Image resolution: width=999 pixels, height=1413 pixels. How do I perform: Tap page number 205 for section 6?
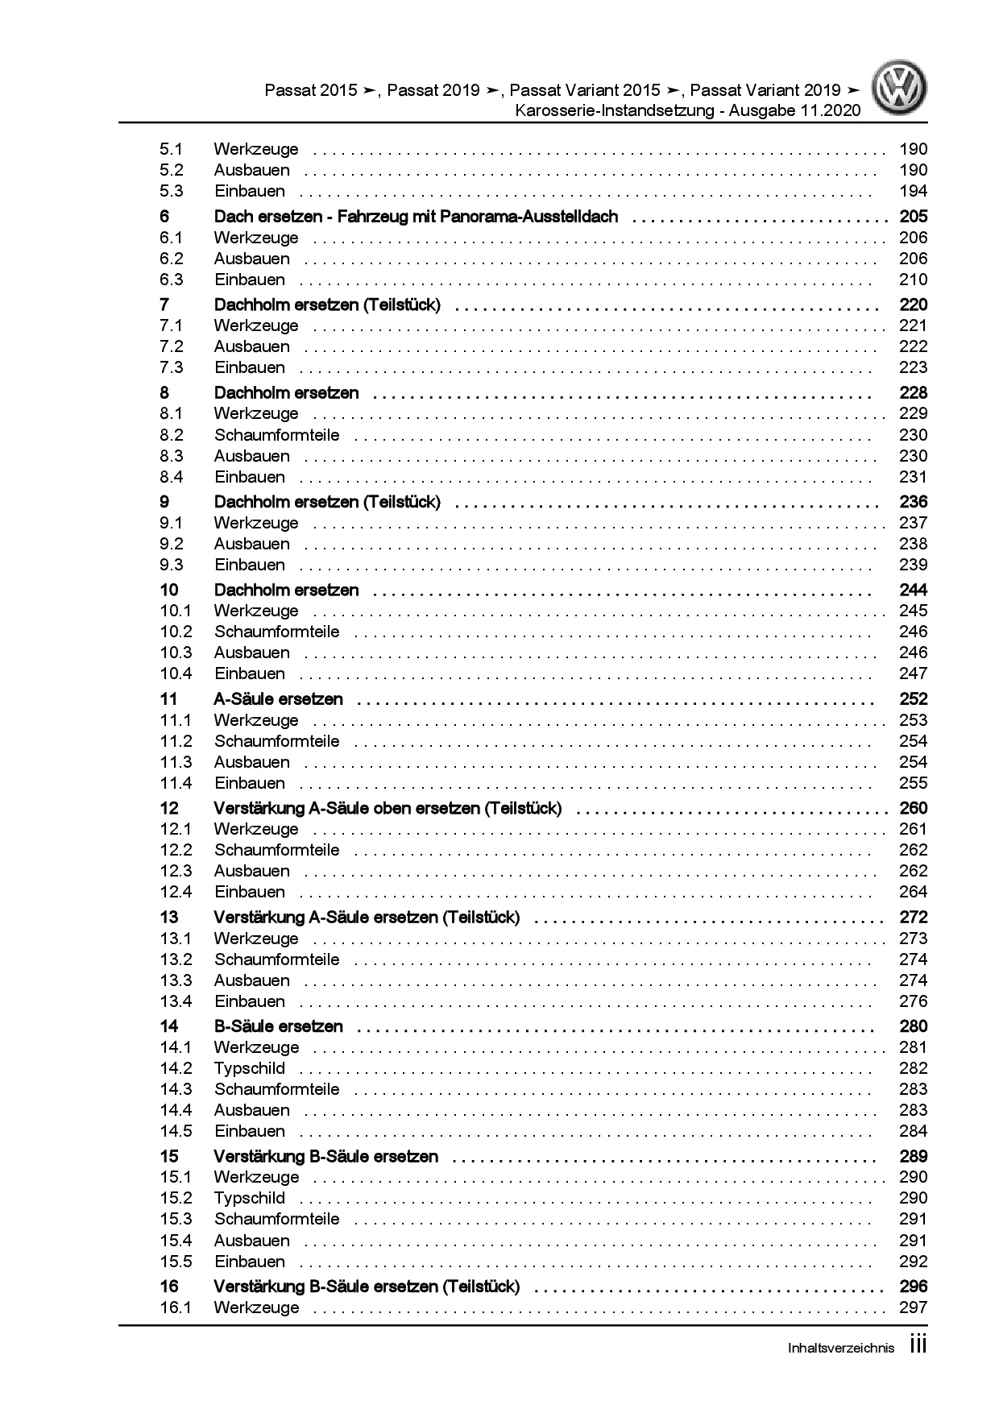tap(913, 217)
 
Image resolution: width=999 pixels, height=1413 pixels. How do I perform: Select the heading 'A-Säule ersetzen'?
tap(278, 699)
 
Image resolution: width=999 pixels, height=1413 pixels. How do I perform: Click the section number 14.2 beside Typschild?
tap(176, 1068)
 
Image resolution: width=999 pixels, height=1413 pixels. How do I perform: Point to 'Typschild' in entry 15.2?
tap(249, 1198)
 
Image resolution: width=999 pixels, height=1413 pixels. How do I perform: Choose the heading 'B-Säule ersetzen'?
tap(278, 1026)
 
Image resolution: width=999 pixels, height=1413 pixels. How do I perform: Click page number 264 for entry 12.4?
tap(913, 892)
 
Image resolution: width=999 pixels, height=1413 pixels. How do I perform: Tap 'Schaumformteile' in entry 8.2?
tap(276, 435)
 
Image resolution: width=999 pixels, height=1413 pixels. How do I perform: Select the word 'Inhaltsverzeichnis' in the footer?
tap(840, 1349)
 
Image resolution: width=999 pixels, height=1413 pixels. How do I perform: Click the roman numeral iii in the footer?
tap(918, 1345)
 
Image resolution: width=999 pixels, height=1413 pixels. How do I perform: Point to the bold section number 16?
tap(168, 1287)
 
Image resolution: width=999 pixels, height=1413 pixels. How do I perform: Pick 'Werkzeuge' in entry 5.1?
tap(255, 149)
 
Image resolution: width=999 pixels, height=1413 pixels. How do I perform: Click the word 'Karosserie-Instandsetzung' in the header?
tap(615, 110)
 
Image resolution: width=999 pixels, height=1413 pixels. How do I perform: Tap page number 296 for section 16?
tap(913, 1287)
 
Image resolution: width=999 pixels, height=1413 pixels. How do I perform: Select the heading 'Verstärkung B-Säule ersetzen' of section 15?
tap(325, 1157)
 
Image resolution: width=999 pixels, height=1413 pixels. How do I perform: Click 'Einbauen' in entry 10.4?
tap(249, 673)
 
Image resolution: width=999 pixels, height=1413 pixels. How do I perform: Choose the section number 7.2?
tap(172, 346)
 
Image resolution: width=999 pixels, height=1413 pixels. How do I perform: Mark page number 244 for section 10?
tap(913, 590)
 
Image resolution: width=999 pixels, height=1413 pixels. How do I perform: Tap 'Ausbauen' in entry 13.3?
tap(251, 980)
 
